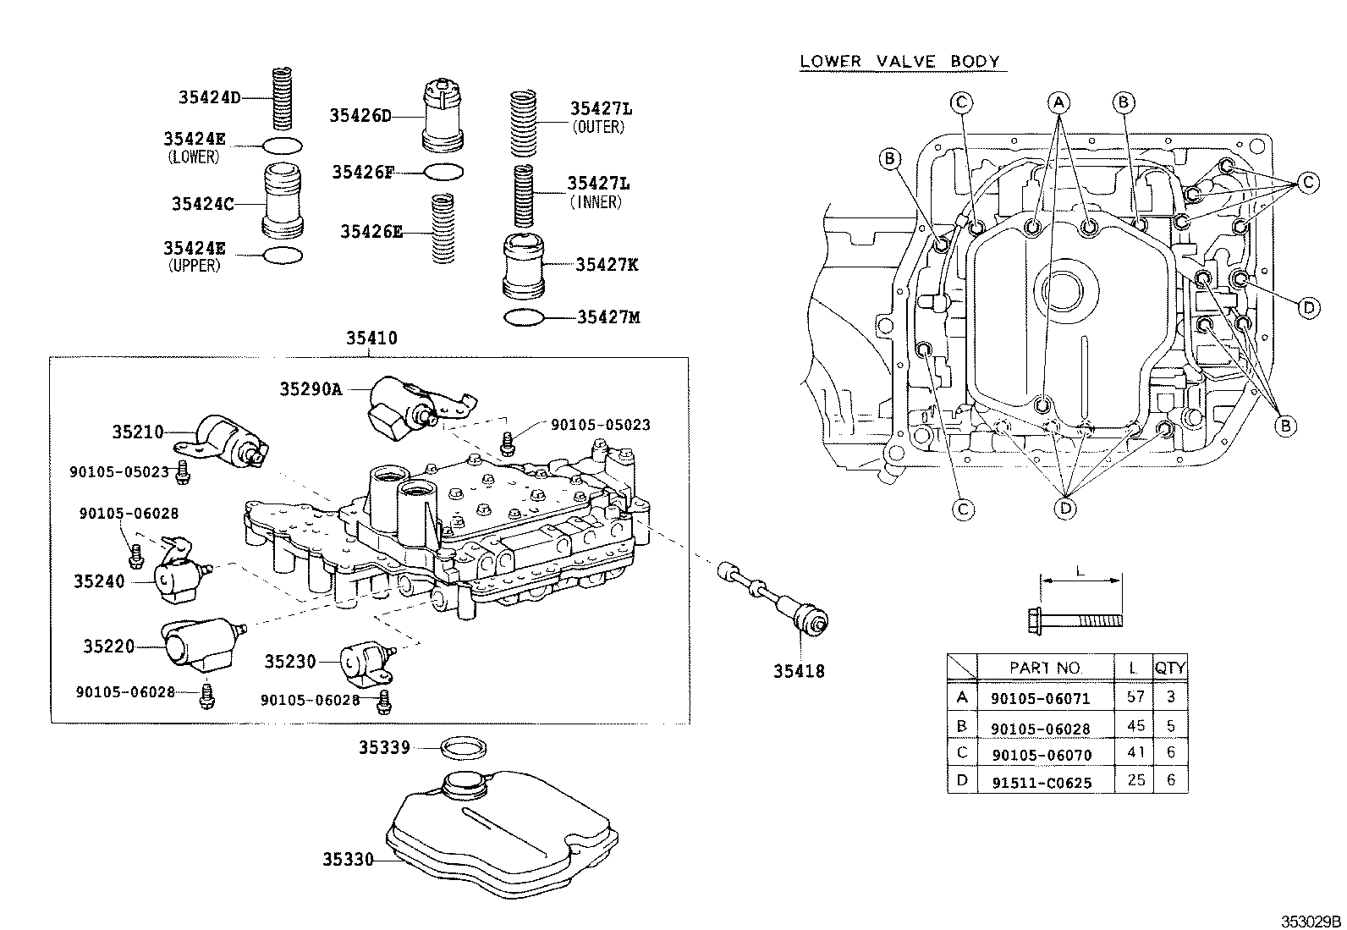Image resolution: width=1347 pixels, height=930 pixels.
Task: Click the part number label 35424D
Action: coord(209,97)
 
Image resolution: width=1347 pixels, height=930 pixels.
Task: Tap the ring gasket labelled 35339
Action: coord(466,747)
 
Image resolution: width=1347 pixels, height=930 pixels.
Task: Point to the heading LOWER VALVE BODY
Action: coord(900,62)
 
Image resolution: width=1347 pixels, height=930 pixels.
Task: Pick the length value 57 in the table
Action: coord(1135,696)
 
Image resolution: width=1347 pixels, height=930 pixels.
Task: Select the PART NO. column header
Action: coord(1045,668)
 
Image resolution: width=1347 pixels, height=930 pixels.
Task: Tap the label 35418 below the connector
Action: coord(798,671)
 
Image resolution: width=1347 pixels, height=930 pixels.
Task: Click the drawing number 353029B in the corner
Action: coord(1310,921)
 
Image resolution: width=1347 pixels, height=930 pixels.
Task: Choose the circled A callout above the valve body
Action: coord(1058,102)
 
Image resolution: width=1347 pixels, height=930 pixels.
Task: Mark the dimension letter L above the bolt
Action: coord(1080,571)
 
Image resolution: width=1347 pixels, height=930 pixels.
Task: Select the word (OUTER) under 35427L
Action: coord(598,127)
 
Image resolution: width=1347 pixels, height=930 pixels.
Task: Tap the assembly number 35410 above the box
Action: coord(371,338)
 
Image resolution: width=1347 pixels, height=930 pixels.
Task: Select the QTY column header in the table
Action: coord(1170,668)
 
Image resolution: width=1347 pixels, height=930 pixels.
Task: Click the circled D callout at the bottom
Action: coord(1065,508)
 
